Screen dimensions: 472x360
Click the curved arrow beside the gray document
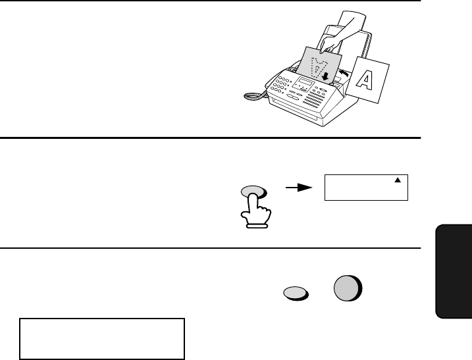click(342, 68)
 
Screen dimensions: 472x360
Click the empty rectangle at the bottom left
click(102, 339)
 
